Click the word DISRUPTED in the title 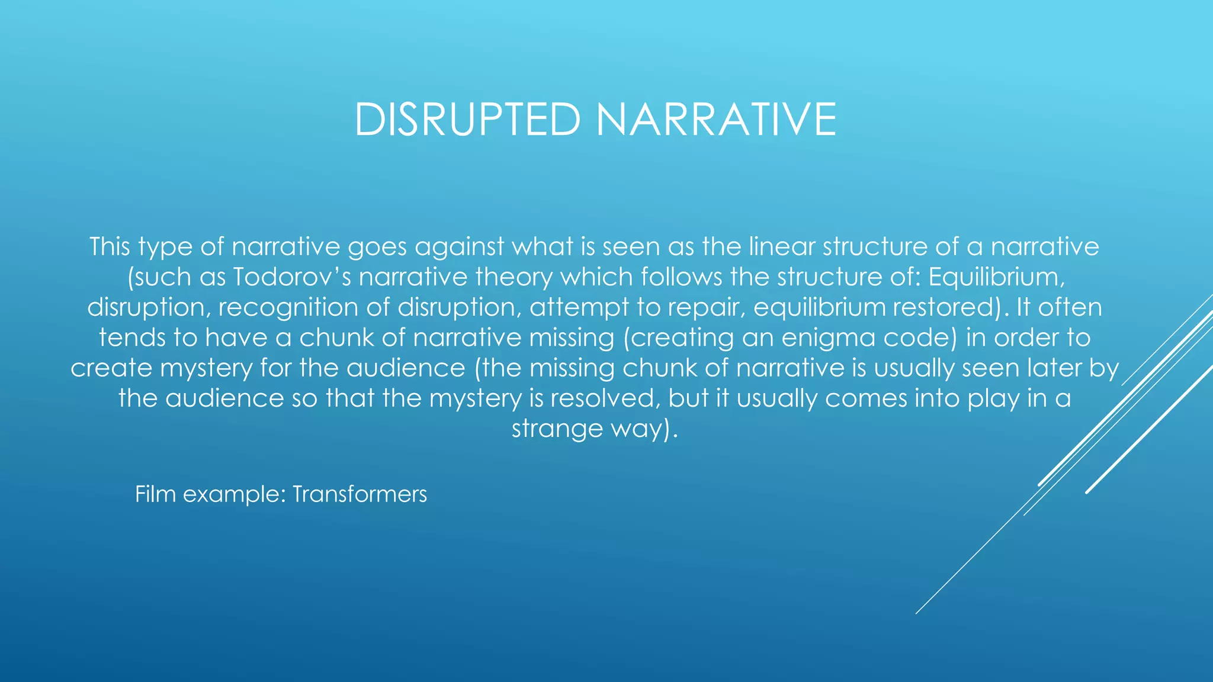tap(467, 120)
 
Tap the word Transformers tap(360, 494)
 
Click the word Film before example tap(155, 494)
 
